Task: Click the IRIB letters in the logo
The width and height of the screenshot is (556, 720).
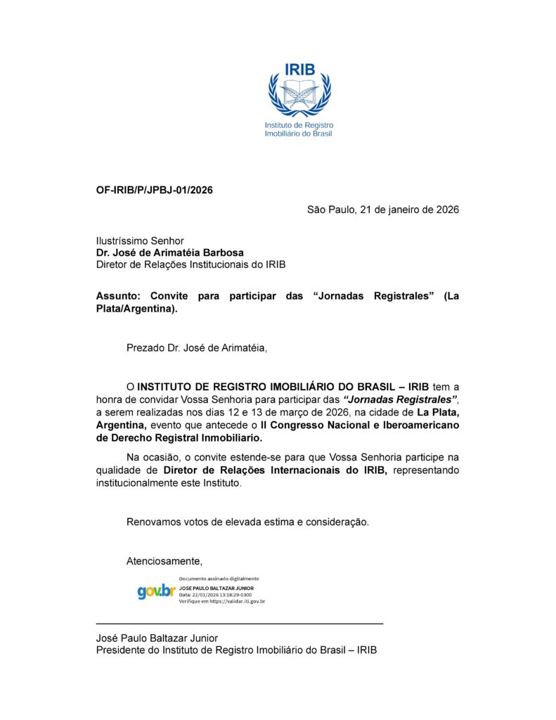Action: click(300, 69)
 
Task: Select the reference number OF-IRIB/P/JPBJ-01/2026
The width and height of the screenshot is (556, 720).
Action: click(155, 190)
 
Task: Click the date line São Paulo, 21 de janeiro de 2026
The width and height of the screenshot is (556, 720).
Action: click(383, 210)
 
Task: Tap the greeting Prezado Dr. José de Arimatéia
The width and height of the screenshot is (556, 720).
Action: click(197, 347)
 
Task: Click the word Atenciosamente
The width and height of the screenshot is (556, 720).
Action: click(164, 560)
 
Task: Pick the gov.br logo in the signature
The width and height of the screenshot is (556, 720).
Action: click(156, 591)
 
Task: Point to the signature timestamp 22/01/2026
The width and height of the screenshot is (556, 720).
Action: click(207, 594)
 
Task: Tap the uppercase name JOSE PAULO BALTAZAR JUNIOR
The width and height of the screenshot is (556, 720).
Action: click(216, 587)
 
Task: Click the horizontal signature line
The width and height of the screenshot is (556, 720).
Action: click(239, 624)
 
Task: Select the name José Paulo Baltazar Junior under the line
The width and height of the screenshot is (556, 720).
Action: click(157, 638)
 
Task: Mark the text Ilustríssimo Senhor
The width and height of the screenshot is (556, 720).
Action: click(140, 240)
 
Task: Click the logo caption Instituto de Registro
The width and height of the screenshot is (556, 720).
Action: click(299, 125)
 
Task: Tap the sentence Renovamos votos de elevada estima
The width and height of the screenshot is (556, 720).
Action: click(247, 522)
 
